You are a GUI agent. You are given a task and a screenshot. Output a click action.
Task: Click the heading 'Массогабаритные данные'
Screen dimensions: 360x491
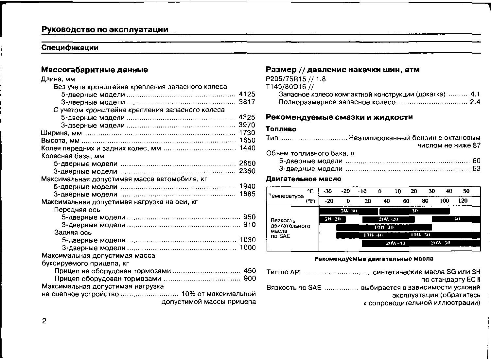(x=95, y=70)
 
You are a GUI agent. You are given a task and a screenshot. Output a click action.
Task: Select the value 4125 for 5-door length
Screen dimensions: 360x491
(x=247, y=94)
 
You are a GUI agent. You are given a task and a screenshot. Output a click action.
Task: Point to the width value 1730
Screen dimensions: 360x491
(x=247, y=133)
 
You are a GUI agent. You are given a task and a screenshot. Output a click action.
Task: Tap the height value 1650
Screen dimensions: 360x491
(x=247, y=140)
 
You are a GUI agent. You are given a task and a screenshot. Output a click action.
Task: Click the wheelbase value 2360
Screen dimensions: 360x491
(x=247, y=171)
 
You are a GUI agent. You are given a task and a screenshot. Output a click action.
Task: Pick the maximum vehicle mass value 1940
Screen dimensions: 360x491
(x=247, y=186)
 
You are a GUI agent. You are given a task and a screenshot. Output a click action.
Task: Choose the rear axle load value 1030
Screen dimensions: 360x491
(x=248, y=240)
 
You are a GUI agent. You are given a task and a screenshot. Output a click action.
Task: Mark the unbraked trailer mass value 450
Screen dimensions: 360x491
(x=250, y=271)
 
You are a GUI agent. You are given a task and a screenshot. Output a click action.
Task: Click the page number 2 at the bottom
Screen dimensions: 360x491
(x=44, y=321)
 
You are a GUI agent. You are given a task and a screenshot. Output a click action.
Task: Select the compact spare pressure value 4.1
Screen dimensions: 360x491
(x=475, y=94)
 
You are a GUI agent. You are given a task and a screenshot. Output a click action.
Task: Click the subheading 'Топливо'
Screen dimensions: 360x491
(x=281, y=129)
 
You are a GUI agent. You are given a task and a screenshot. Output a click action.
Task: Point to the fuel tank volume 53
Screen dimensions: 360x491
(x=476, y=169)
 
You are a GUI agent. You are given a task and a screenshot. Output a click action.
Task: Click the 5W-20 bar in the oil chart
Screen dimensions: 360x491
(x=332, y=219)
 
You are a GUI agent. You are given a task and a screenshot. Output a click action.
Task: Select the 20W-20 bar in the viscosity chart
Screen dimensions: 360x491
(x=388, y=219)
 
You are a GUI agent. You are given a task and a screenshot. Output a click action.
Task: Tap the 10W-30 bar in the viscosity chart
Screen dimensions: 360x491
(x=384, y=227)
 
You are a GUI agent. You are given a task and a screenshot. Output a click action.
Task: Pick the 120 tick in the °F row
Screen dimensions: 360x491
(x=463, y=201)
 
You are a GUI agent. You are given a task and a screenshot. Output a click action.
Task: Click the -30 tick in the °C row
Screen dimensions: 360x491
(x=327, y=191)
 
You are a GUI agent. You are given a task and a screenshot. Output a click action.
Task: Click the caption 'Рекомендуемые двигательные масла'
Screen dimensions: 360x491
(x=374, y=259)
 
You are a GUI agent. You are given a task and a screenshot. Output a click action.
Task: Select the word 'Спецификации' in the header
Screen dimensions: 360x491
(x=70, y=48)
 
